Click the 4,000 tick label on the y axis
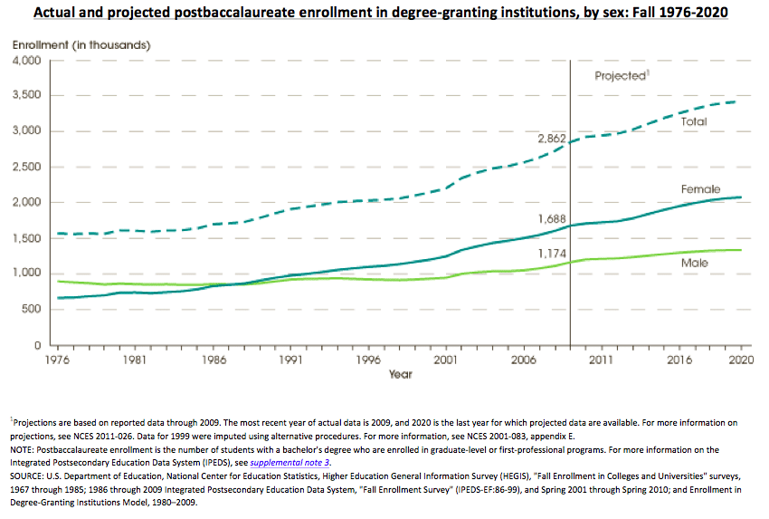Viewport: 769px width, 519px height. [28, 61]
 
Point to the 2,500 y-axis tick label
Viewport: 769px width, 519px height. [28, 168]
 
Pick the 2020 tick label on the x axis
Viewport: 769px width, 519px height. [741, 360]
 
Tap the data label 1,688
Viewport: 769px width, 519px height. [552, 218]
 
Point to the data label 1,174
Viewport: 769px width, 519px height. [552, 254]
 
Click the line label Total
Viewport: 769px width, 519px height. [694, 120]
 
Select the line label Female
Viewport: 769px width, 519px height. [700, 189]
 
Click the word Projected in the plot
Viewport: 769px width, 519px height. [619, 76]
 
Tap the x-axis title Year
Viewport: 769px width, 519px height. [400, 373]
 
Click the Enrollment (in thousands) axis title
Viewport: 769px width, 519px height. [81, 44]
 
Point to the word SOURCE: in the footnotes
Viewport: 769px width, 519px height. [31, 476]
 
